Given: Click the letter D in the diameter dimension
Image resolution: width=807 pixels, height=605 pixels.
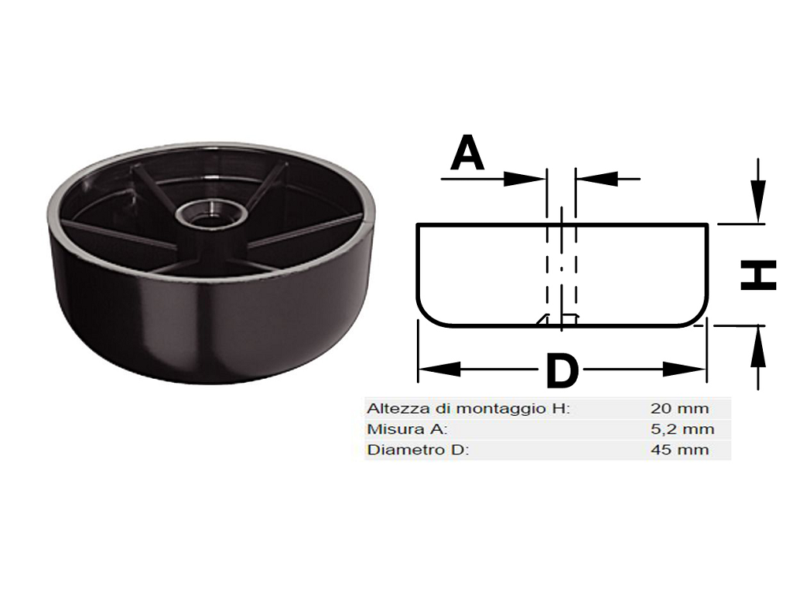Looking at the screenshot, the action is [x=562, y=370].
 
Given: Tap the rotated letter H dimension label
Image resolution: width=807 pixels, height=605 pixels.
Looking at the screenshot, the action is [x=758, y=275].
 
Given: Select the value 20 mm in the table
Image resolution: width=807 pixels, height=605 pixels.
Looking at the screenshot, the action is [x=679, y=409].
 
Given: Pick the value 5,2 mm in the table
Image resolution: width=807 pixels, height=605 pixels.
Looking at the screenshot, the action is [x=682, y=429].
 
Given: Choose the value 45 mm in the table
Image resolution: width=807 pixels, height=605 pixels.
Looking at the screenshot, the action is [x=679, y=450].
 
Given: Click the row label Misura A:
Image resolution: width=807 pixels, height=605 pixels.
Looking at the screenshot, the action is [x=407, y=429].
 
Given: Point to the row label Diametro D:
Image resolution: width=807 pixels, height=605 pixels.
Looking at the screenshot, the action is [x=418, y=450].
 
